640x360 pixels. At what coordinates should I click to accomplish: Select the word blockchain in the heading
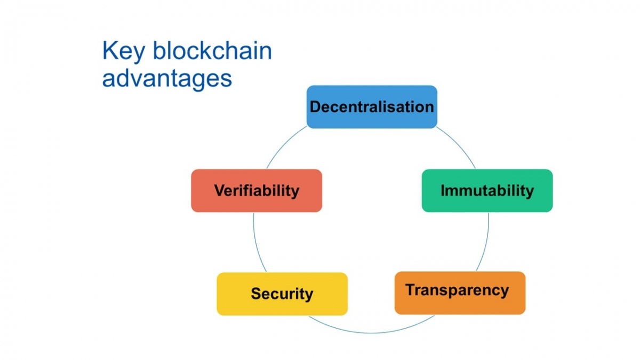click(212, 51)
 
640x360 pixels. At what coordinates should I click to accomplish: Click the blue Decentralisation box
click(372, 107)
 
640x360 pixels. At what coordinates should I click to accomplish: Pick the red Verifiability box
click(257, 190)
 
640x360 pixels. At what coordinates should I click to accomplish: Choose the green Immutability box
click(487, 190)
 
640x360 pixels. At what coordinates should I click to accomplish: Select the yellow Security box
click(282, 294)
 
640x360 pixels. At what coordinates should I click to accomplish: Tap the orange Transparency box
click(460, 293)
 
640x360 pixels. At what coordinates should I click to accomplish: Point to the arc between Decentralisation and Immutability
click(459, 145)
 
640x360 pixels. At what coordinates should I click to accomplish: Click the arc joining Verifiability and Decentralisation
click(284, 145)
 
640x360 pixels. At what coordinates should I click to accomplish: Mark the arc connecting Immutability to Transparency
click(486, 243)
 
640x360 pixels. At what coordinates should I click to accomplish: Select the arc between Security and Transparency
click(371, 333)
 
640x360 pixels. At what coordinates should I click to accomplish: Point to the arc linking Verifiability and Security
click(257, 243)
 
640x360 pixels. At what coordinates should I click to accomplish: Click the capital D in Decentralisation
click(315, 107)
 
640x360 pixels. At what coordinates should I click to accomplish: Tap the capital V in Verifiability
click(220, 190)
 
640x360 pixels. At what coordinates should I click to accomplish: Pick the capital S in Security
click(256, 294)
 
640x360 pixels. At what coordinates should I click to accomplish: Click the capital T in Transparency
click(411, 290)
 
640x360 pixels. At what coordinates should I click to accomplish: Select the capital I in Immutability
click(443, 190)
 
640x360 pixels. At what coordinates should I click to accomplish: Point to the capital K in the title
click(110, 50)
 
